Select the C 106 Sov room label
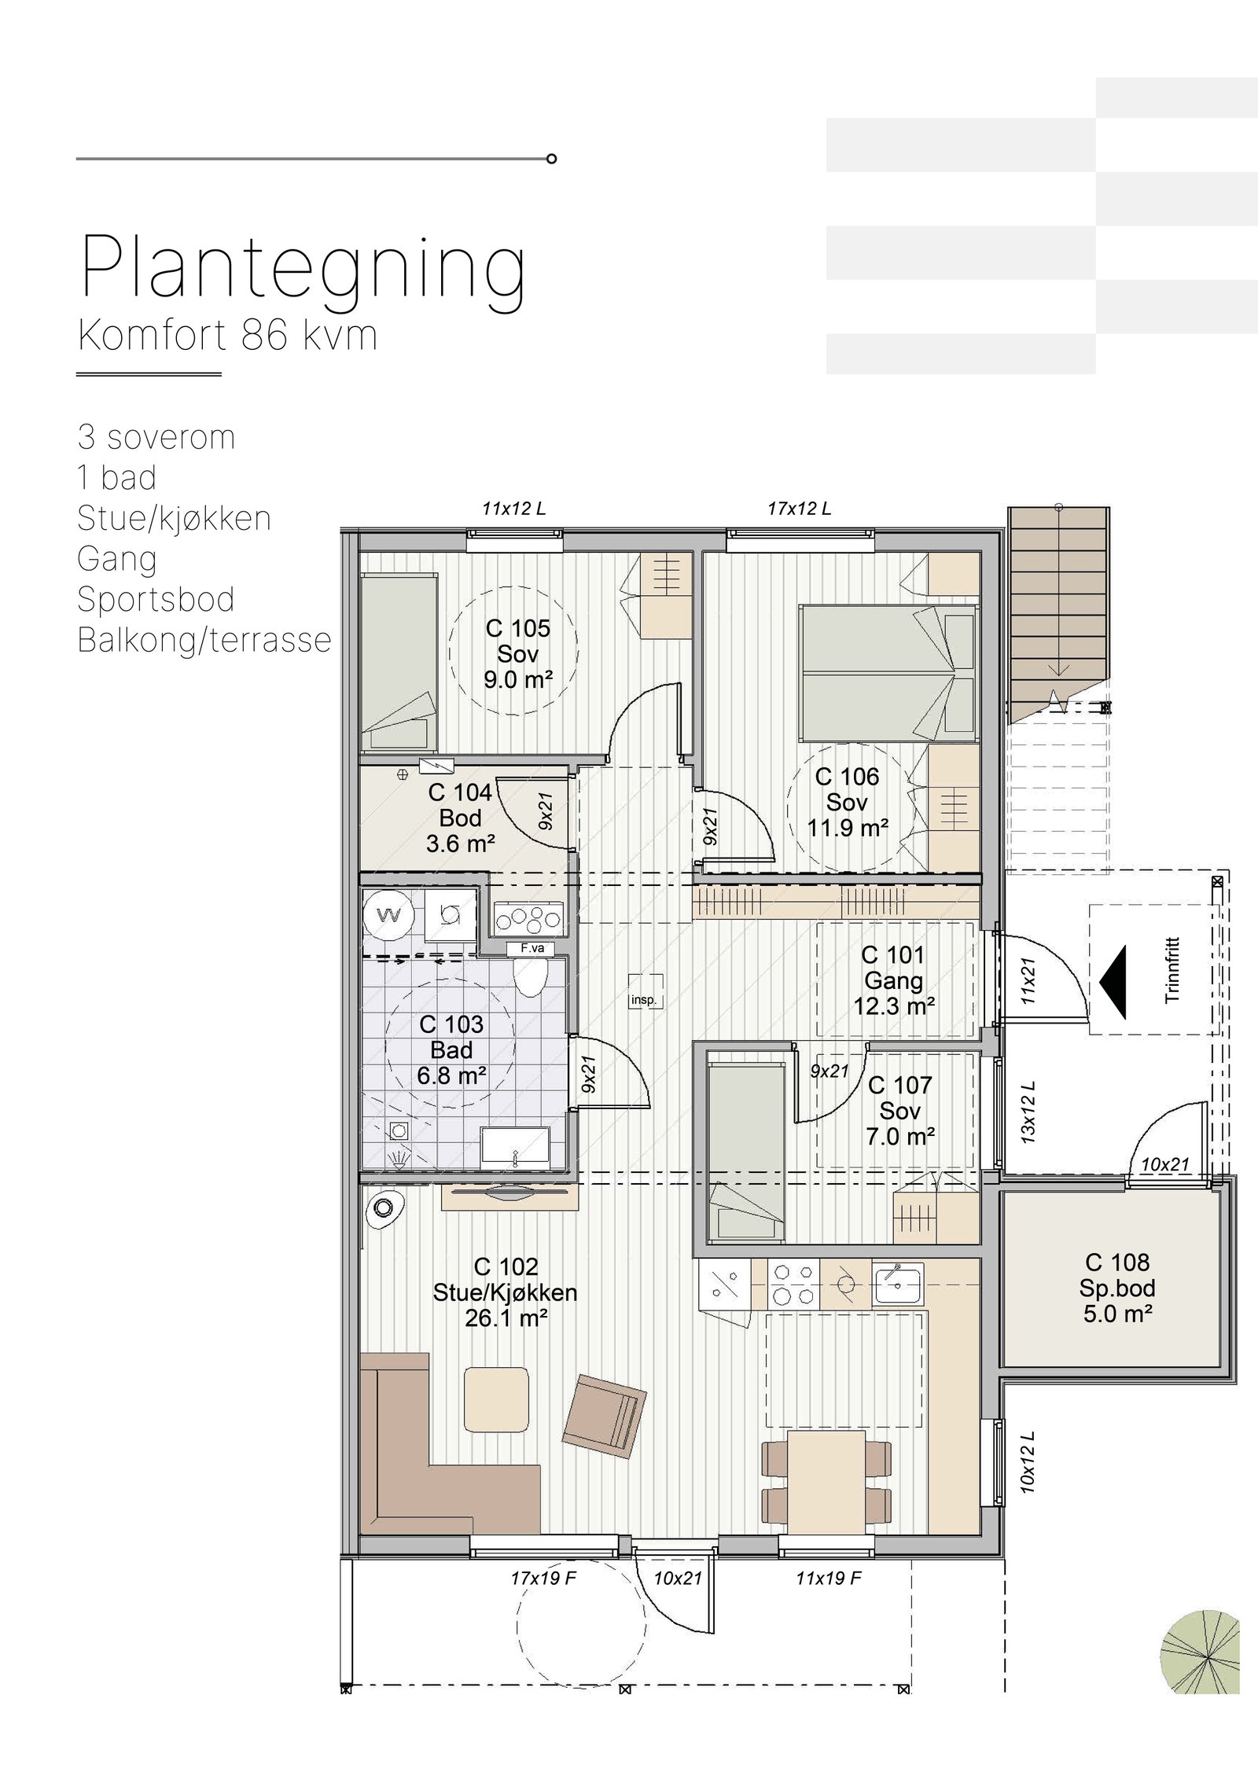(847, 802)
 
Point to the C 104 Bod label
(460, 818)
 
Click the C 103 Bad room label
(451, 1049)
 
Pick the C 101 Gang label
(893, 980)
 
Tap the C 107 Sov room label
(899, 1111)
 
